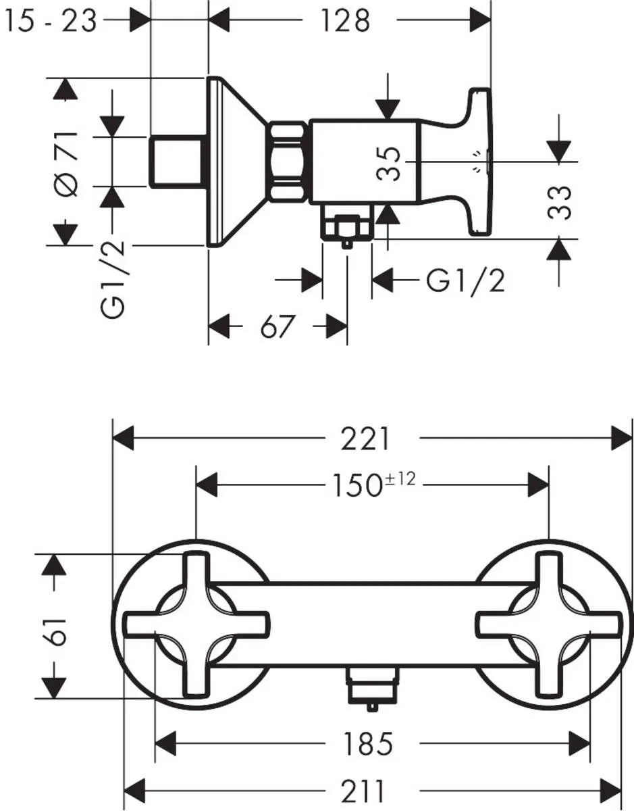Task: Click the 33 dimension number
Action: point(560,201)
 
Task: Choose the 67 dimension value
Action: point(278,327)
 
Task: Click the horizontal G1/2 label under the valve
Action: point(465,280)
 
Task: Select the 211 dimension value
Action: point(363,789)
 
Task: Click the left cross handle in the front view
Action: point(197,624)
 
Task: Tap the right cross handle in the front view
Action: point(548,624)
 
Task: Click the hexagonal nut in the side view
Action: point(288,162)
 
